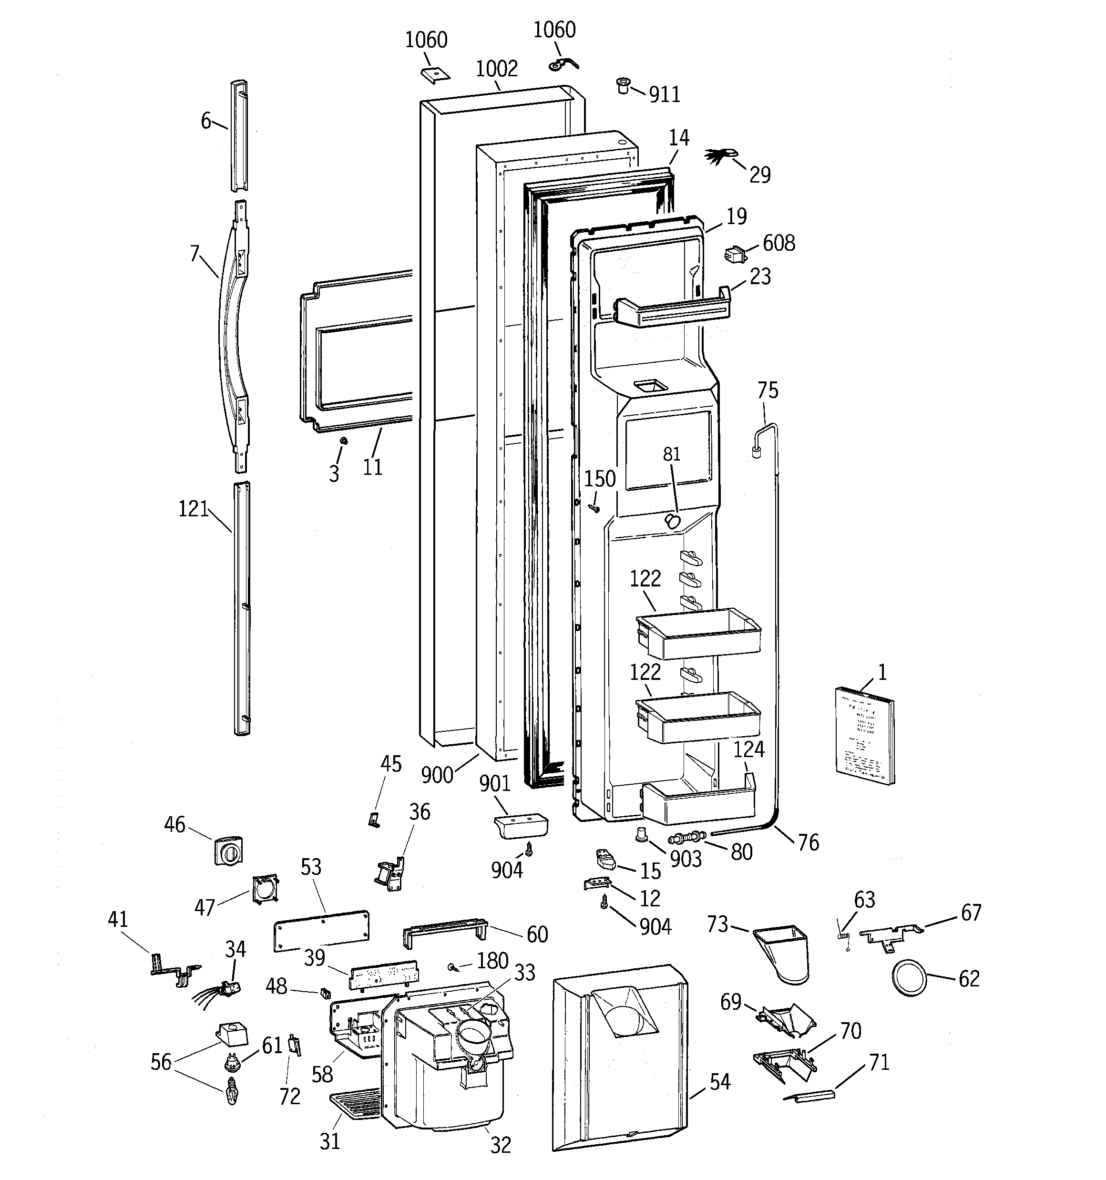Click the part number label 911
(664, 94)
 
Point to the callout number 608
(778, 243)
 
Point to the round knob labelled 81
(672, 521)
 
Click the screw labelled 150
(593, 508)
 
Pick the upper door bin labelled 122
(697, 634)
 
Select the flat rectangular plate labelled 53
(321, 931)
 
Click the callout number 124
(748, 749)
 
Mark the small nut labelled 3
(343, 441)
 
